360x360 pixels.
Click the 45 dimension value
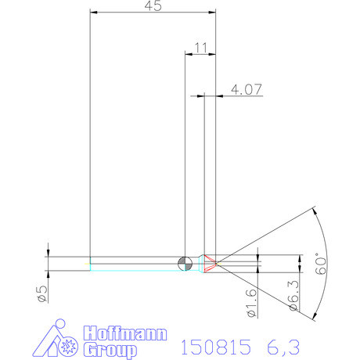[153, 5]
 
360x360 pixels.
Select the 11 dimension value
[201, 48]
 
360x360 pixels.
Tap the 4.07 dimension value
[247, 89]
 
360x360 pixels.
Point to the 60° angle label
[321, 264]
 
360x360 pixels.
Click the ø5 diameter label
[43, 293]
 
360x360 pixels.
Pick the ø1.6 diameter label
[252, 303]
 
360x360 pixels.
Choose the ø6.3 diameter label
[294, 296]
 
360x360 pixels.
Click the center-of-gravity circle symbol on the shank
[185, 264]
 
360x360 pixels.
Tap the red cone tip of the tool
[211, 264]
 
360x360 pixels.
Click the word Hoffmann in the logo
[125, 333]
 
